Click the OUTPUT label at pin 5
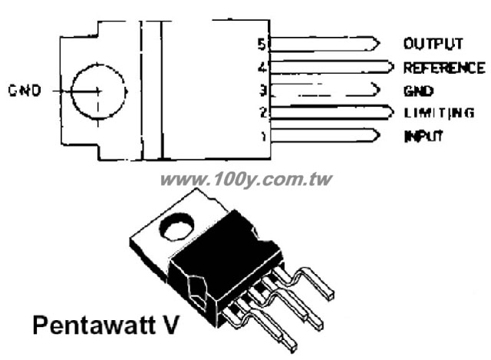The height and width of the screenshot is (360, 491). [x=433, y=44]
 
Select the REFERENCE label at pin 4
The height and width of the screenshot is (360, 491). [x=444, y=68]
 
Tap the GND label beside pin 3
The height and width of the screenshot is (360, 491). [x=418, y=91]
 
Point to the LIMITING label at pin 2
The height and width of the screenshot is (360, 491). [x=439, y=113]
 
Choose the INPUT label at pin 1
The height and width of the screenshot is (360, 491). [x=423, y=136]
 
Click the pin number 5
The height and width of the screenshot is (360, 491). [x=262, y=45]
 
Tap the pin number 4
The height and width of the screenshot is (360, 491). [x=262, y=68]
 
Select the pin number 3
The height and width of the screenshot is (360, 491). [x=263, y=91]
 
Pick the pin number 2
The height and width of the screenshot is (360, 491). [x=264, y=113]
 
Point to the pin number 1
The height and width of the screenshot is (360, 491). [x=264, y=136]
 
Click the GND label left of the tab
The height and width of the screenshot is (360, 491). [x=25, y=91]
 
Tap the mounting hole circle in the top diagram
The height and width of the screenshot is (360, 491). [x=71, y=91]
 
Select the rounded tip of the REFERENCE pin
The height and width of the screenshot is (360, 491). [x=392, y=67]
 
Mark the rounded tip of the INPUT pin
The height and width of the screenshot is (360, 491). [x=379, y=135]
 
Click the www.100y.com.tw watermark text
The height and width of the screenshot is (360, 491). [x=246, y=180]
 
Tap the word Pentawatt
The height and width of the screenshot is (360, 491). [x=94, y=325]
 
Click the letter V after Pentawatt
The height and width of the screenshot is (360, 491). [x=170, y=325]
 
